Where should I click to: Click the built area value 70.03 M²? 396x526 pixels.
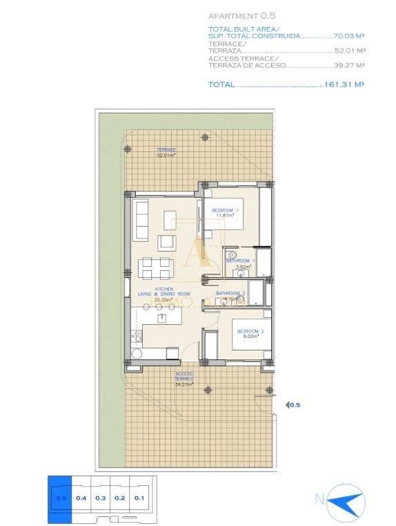(347, 35)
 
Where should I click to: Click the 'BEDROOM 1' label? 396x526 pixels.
(225, 210)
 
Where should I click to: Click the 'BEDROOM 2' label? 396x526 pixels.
(248, 332)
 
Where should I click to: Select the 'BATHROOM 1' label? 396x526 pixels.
(241, 261)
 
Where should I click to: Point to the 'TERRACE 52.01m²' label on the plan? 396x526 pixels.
(166, 153)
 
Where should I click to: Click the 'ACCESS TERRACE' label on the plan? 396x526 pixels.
(184, 378)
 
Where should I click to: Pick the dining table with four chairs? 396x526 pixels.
(154, 267)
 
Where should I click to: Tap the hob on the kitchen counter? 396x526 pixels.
(137, 337)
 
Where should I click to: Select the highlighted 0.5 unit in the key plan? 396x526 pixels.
(60, 497)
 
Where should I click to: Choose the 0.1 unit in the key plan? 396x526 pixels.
(139, 497)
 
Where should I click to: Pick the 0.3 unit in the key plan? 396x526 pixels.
(100, 497)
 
